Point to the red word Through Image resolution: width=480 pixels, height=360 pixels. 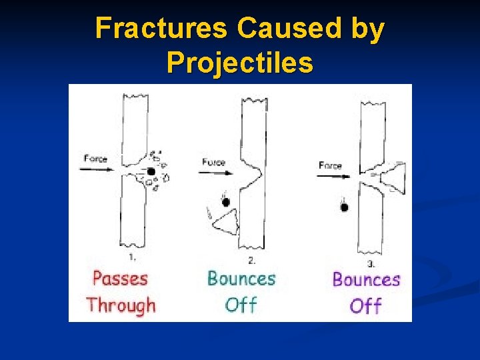point(121,305)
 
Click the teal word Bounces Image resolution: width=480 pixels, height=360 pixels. point(241,277)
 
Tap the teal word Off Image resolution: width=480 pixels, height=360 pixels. point(241,305)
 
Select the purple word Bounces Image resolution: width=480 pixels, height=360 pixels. point(366,279)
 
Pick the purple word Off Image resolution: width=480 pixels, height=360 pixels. point(365,306)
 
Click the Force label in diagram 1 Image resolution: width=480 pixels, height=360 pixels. point(95,158)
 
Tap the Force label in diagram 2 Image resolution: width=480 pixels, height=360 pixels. point(213,162)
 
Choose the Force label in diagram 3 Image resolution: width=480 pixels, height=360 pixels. point(330,165)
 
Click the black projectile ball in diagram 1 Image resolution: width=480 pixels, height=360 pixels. point(151,171)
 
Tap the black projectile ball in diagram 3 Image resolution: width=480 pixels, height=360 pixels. point(344,207)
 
